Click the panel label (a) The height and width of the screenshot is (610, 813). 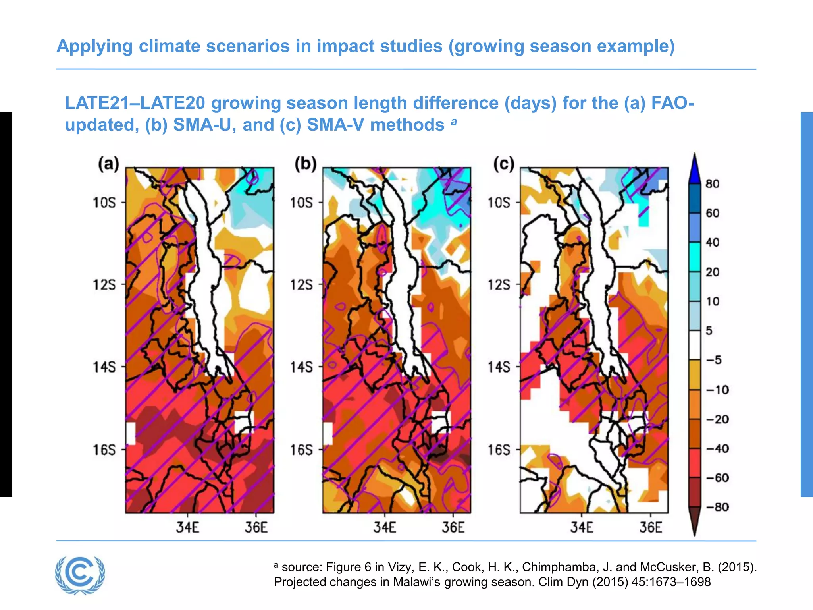[108, 164]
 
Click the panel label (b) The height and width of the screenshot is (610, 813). [305, 164]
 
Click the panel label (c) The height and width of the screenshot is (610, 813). [503, 164]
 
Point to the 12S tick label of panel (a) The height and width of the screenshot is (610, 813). [104, 285]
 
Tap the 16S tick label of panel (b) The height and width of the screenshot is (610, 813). [301, 450]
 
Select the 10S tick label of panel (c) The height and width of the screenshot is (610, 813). [499, 203]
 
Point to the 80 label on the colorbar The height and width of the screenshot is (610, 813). [712, 184]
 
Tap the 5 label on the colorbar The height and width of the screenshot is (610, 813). [709, 330]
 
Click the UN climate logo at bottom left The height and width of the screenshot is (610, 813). [80, 575]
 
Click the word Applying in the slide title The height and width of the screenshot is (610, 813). [94, 46]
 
